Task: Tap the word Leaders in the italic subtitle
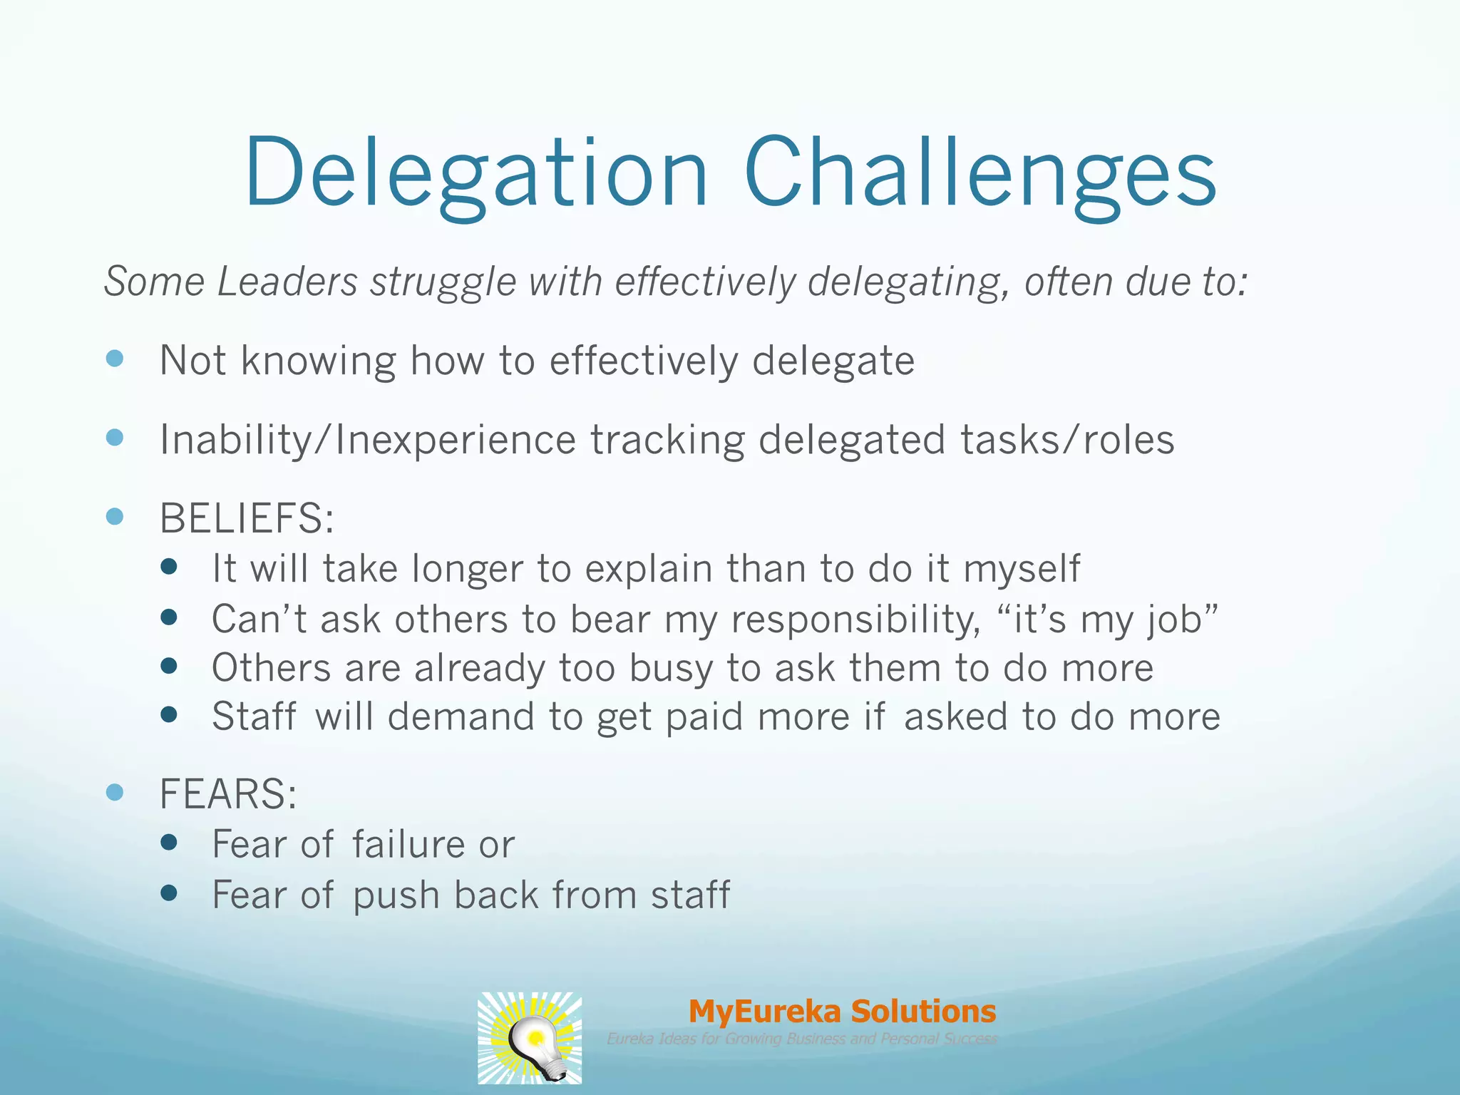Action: click(x=287, y=282)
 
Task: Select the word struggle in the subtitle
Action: click(x=443, y=282)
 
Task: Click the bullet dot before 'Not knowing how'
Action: click(x=115, y=358)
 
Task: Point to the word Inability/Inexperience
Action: click(x=367, y=439)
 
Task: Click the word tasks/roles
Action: click(x=1067, y=439)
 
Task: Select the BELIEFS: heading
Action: click(x=247, y=518)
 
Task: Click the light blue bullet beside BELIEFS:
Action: click(x=115, y=515)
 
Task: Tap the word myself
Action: click(x=1021, y=570)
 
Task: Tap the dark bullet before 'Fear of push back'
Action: click(x=169, y=893)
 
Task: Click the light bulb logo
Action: click(x=530, y=1038)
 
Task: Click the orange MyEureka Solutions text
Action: click(x=842, y=1011)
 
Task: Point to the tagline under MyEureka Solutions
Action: click(x=801, y=1039)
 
